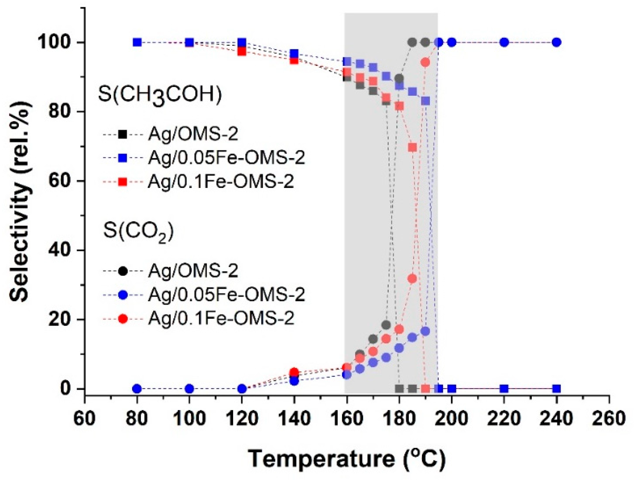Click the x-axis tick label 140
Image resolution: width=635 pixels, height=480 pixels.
click(294, 418)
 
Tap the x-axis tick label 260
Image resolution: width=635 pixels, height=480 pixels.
click(609, 418)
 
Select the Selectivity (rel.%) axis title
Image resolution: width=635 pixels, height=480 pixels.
click(20, 201)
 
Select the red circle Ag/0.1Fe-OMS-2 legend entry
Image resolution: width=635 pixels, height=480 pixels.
click(123, 319)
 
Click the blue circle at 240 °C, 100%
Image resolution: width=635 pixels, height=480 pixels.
click(556, 42)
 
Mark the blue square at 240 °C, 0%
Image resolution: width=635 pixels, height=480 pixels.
click(556, 388)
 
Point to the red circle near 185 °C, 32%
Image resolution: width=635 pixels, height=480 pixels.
click(412, 278)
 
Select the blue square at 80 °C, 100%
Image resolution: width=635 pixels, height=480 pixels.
click(137, 42)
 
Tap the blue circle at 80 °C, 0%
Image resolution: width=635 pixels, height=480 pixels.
click(137, 388)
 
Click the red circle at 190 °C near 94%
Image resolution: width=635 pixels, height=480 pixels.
click(425, 62)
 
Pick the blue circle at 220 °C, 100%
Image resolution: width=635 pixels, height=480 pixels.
click(504, 42)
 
